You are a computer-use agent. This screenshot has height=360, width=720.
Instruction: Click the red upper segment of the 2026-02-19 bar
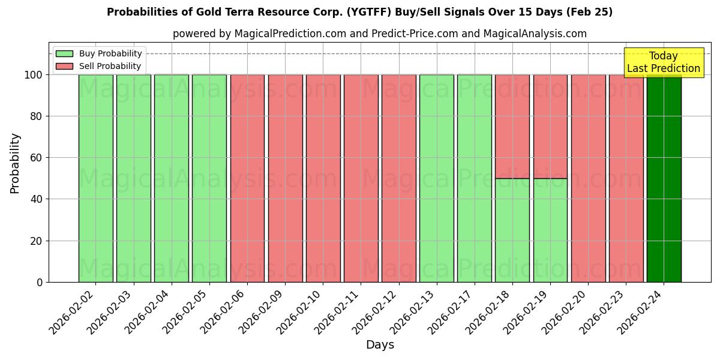550,127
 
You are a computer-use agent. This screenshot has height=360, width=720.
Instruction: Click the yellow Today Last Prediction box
664,62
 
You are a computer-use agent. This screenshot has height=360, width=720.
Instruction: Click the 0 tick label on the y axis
40,282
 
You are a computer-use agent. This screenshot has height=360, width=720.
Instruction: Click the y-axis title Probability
15,163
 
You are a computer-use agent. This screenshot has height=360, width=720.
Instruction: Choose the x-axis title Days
380,345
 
